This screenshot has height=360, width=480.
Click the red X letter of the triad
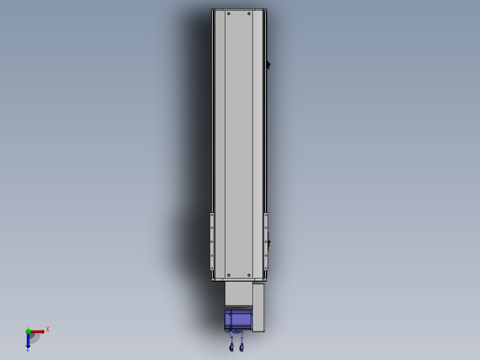coord(48,330)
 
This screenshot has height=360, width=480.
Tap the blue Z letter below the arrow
coord(28,349)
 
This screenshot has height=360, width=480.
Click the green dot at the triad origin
coord(28,331)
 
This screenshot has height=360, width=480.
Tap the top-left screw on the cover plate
coord(229,14)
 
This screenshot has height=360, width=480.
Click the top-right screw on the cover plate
coord(249,14)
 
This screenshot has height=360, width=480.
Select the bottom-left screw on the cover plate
coord(229,275)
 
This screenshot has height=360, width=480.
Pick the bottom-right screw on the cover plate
coord(249,275)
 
